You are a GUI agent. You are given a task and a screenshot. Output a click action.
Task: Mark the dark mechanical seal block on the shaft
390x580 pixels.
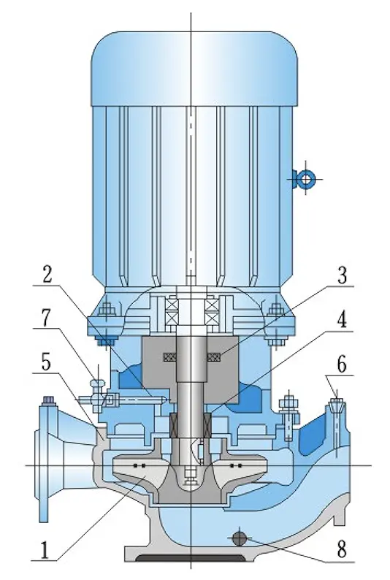point(191,425)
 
